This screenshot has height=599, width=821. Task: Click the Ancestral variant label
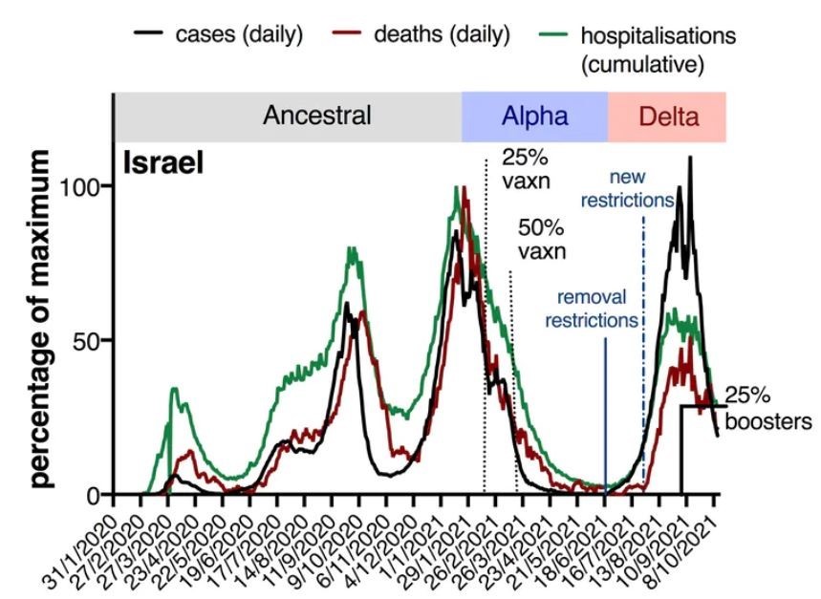pos(317,117)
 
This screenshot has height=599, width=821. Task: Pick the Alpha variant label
pos(534,118)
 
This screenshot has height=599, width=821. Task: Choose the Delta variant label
pos(668,118)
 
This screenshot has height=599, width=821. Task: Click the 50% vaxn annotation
pos(542,241)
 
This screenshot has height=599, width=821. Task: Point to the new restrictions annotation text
pos(629,190)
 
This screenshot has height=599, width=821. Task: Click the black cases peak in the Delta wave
pos(689,159)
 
